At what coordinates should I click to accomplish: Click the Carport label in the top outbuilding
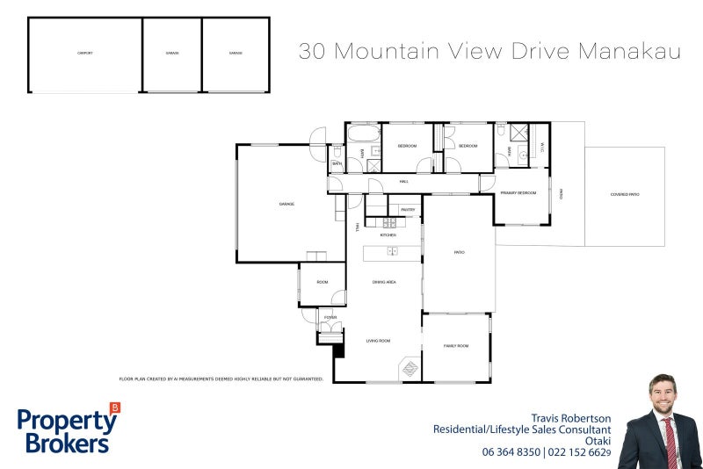point(84,54)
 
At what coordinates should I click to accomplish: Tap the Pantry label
point(408,210)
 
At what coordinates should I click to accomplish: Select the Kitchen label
point(388,235)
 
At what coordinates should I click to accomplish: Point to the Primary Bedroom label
point(518,192)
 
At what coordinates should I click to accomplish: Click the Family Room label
point(456,346)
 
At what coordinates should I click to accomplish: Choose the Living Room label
point(379,341)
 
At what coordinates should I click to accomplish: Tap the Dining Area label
point(384,282)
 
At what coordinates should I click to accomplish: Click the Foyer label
point(330,317)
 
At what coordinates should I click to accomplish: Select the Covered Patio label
point(625,194)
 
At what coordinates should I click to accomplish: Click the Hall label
point(404,182)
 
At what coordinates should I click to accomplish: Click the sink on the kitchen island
point(393,251)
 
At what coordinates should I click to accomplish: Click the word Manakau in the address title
point(630,51)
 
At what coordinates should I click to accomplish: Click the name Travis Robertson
point(570,418)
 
